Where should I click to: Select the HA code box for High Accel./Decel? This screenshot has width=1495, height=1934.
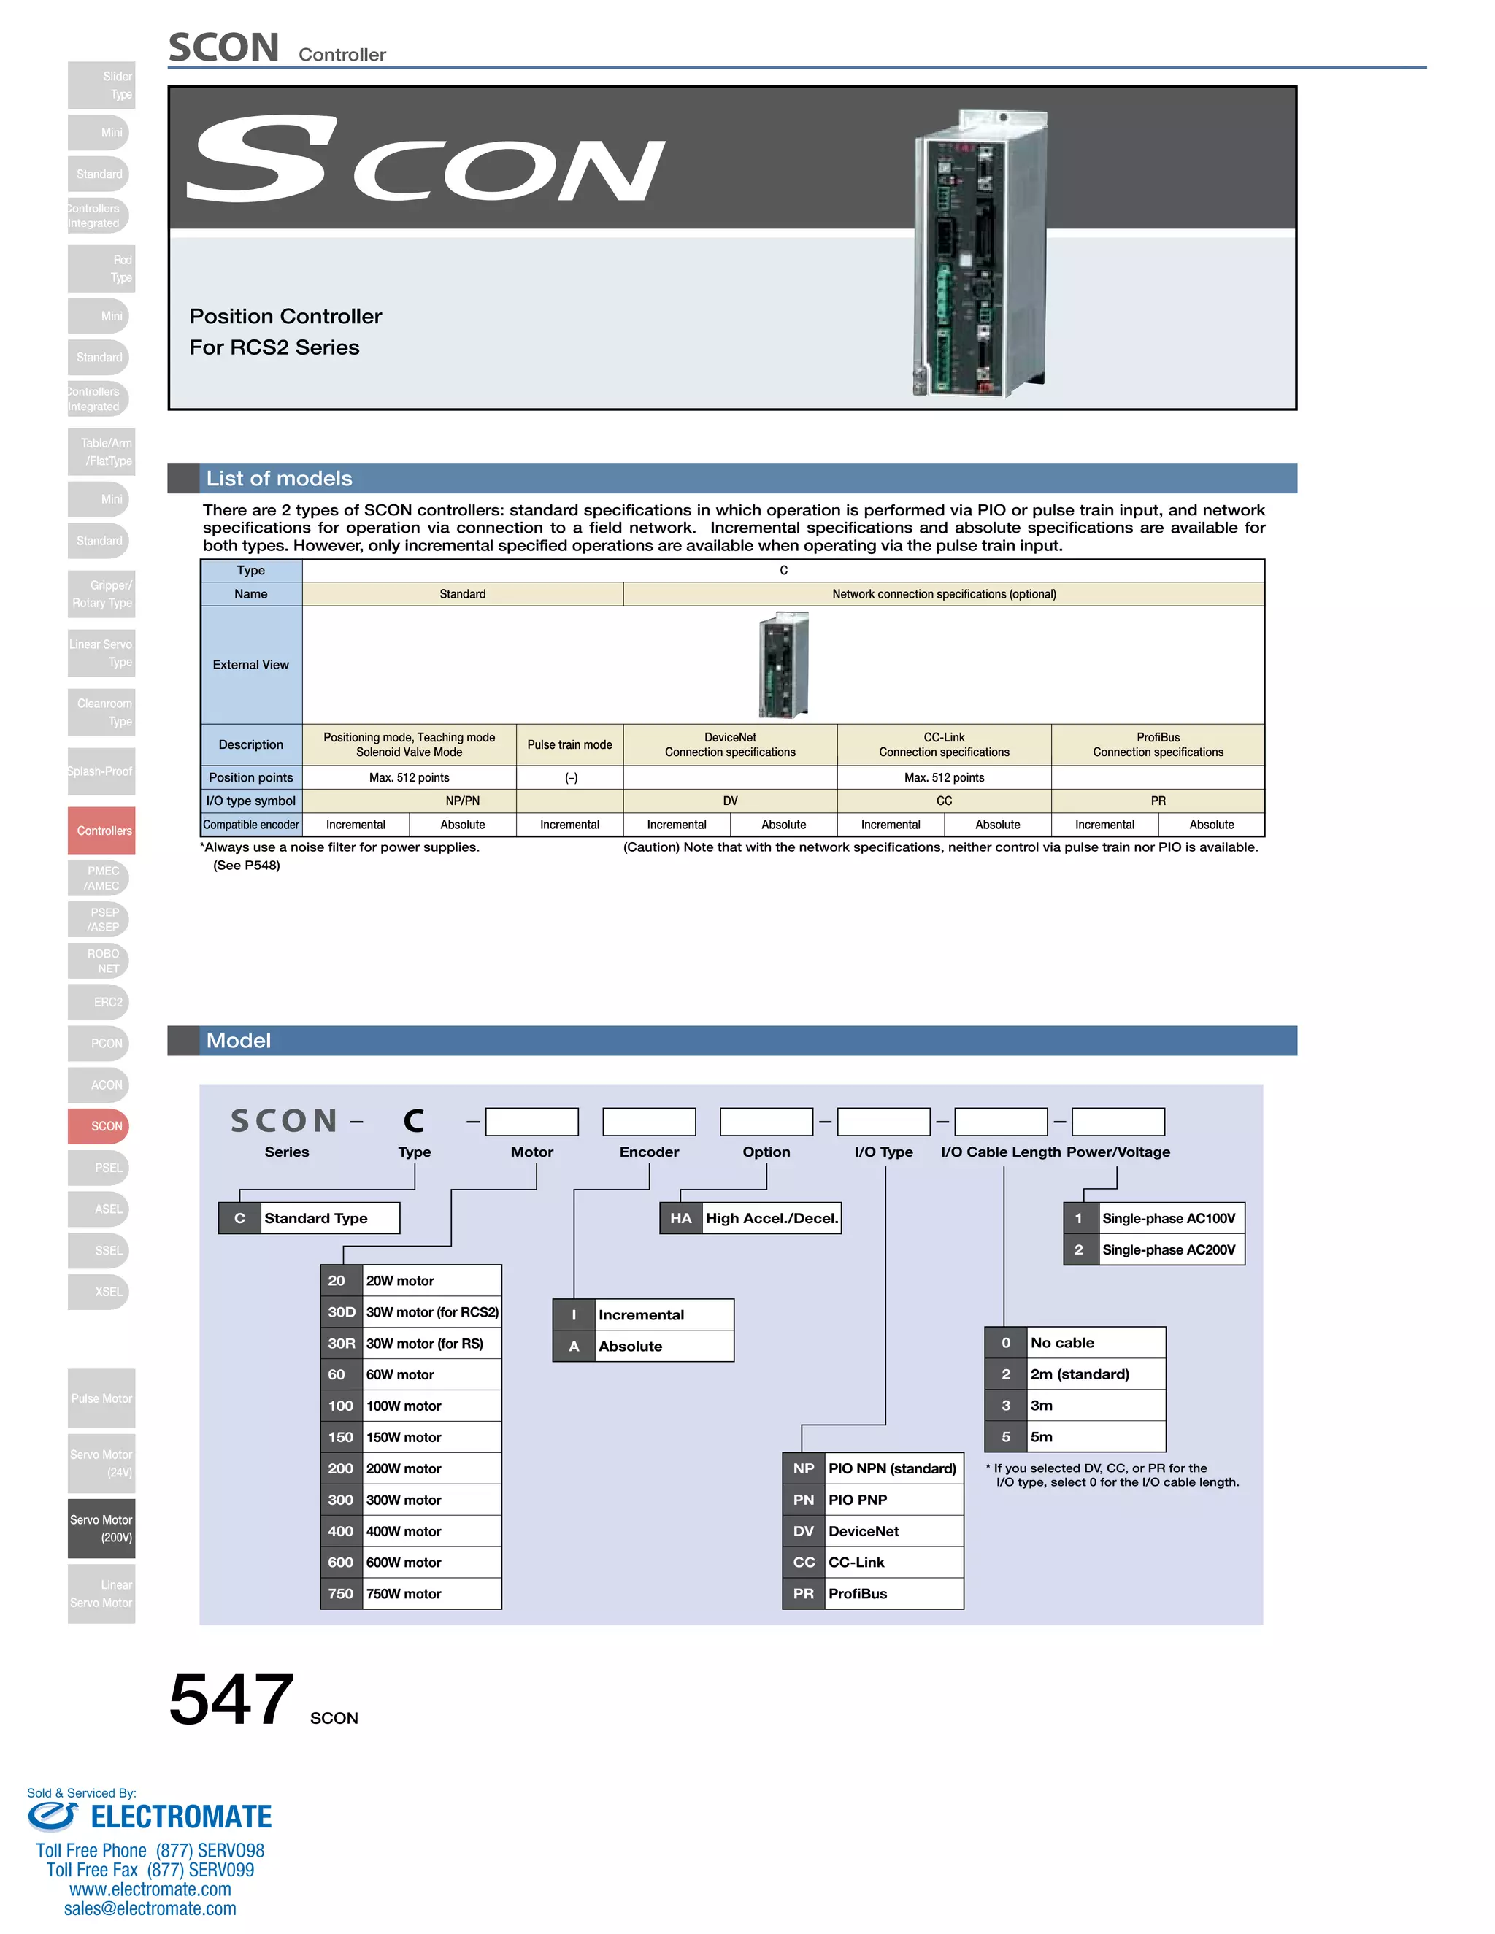680,1217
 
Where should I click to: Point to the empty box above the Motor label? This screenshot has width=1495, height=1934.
531,1121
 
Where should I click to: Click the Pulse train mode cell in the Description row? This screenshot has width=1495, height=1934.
569,744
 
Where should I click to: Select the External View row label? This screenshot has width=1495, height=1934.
250,664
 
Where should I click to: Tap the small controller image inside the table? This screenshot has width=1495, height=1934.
784,664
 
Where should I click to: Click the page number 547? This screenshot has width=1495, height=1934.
231,1699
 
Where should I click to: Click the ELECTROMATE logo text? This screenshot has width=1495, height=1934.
181,1817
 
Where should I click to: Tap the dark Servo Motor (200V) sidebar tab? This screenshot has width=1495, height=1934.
101,1528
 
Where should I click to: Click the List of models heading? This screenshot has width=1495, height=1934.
279,478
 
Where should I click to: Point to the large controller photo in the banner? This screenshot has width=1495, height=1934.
980,253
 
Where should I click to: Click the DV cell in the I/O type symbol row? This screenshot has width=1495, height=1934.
730,801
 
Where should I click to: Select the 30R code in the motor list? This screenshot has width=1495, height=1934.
341,1344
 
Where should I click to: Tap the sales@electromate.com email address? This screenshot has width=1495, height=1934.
150,1908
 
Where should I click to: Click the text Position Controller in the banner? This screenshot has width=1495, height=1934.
285,316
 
